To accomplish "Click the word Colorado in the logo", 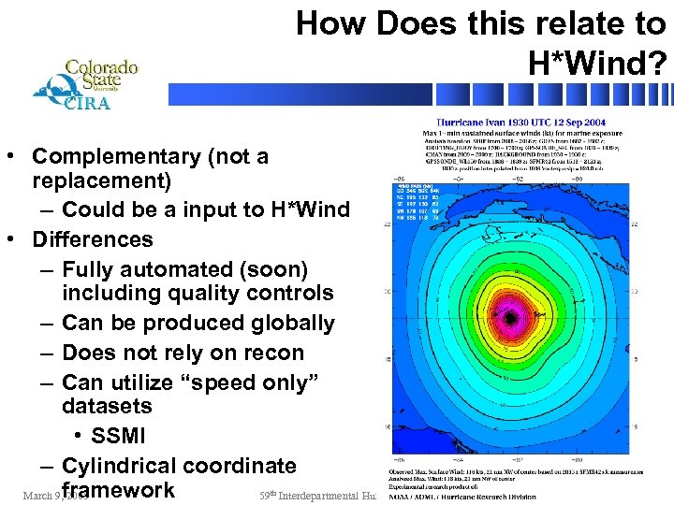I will click(x=101, y=67).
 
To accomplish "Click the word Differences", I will click(x=92, y=239).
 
